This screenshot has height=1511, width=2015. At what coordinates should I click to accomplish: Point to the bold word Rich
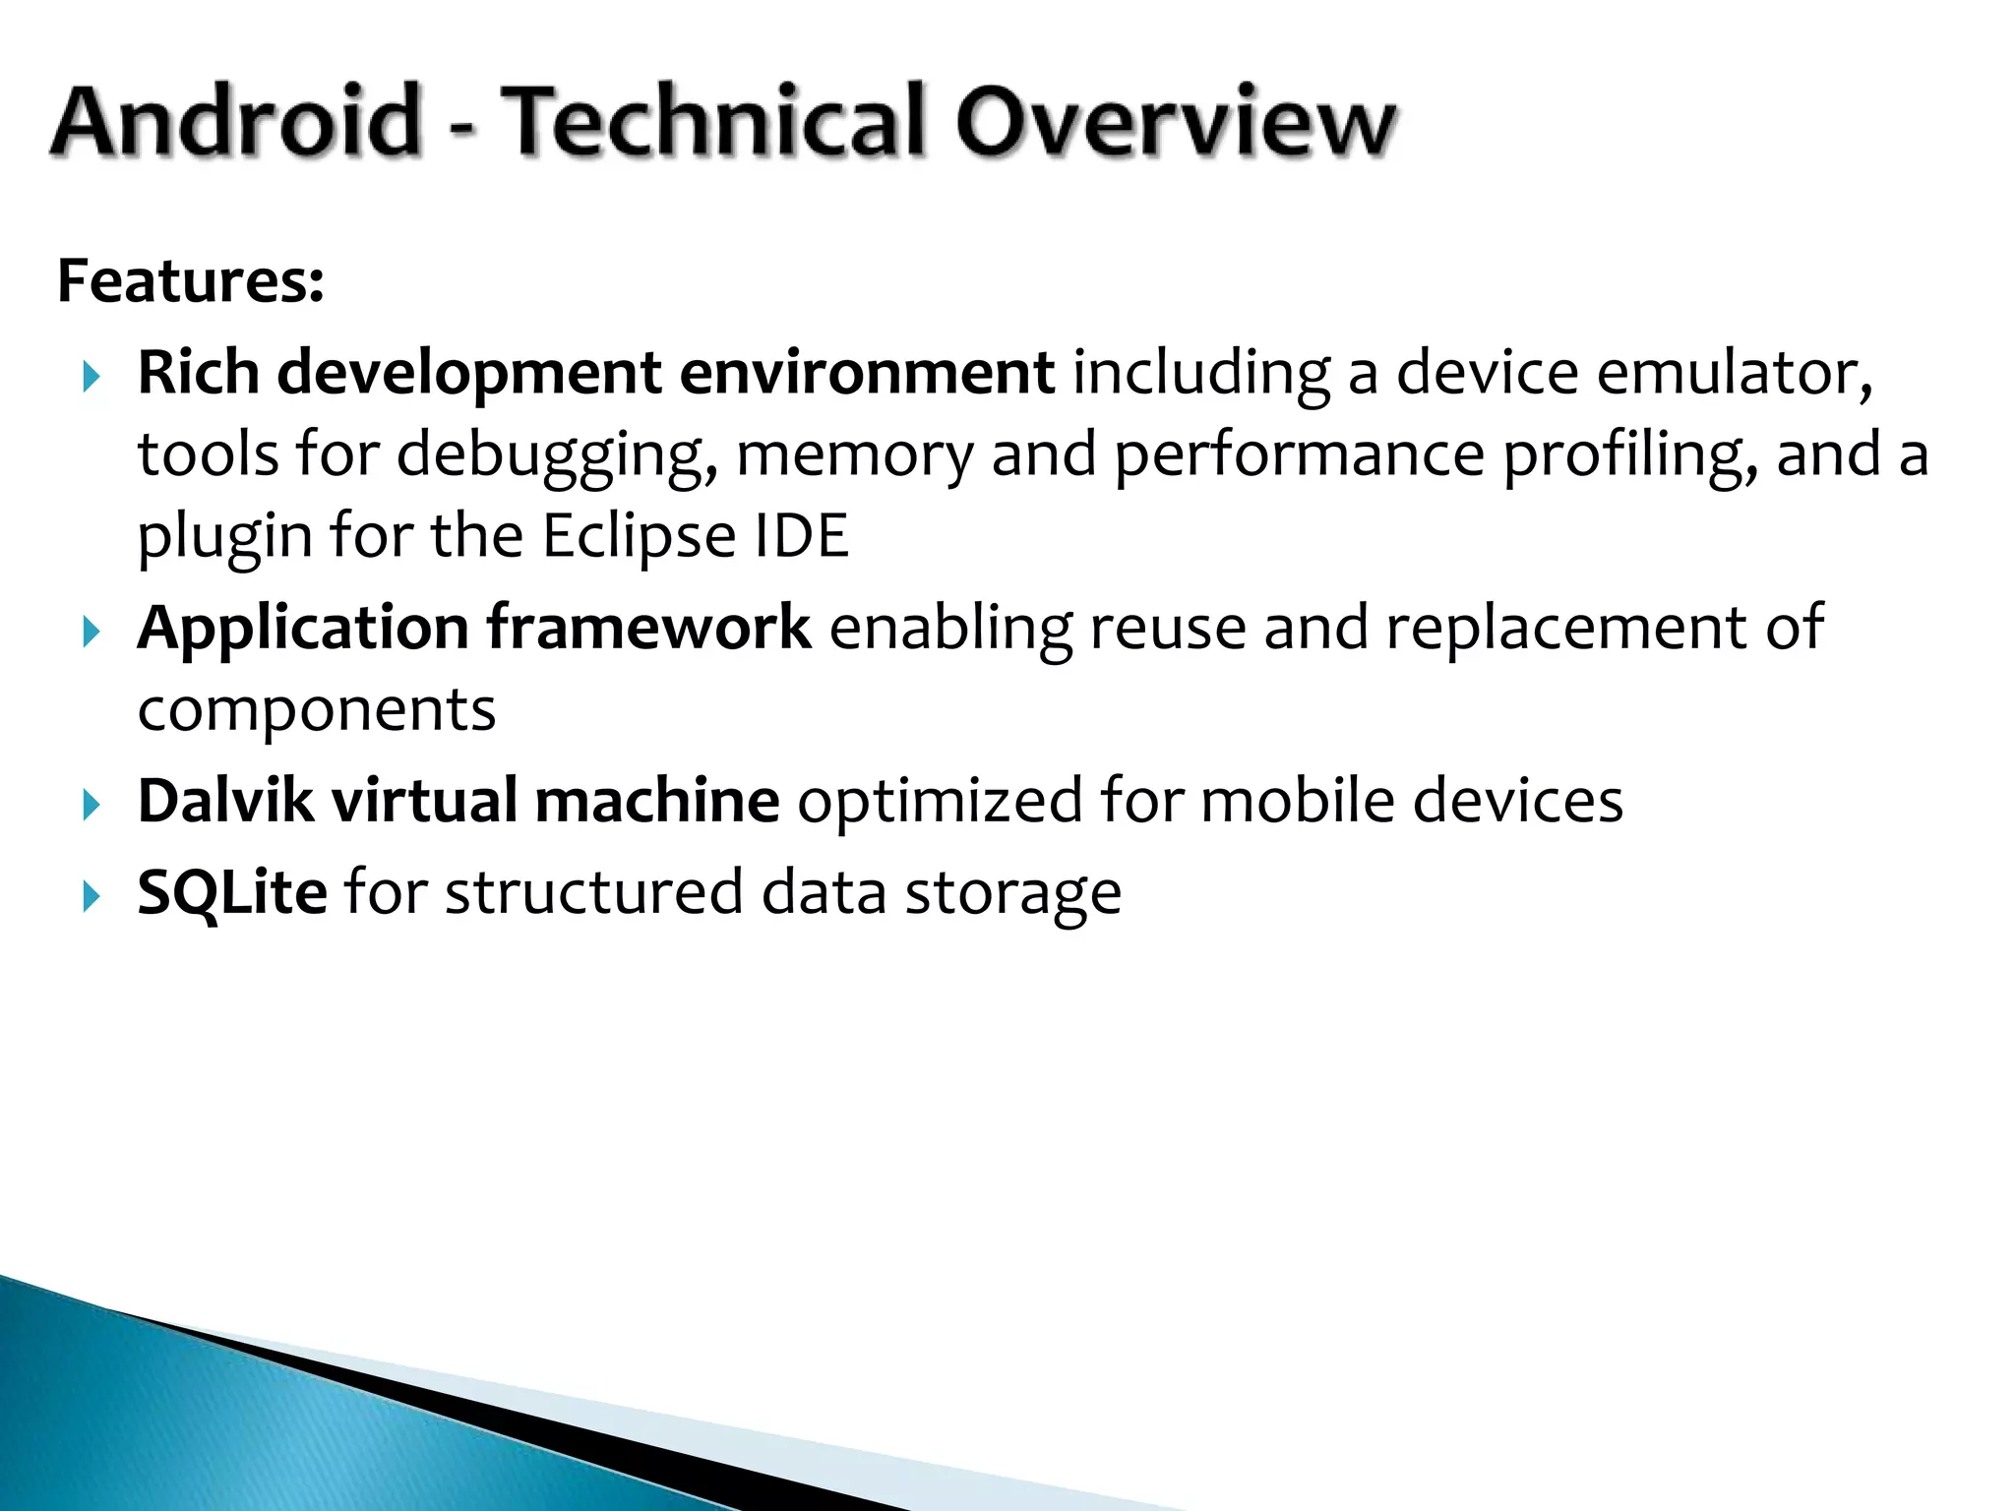click(198, 373)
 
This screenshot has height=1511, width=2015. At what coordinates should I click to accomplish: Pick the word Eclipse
click(639, 536)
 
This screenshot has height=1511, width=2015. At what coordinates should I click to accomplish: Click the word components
click(317, 710)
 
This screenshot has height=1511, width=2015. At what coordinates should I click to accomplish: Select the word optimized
click(940, 801)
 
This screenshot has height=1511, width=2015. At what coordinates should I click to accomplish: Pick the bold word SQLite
click(232, 892)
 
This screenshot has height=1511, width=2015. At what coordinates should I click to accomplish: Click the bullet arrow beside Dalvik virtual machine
click(92, 806)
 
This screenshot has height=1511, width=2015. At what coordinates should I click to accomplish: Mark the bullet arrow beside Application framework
click(92, 631)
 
